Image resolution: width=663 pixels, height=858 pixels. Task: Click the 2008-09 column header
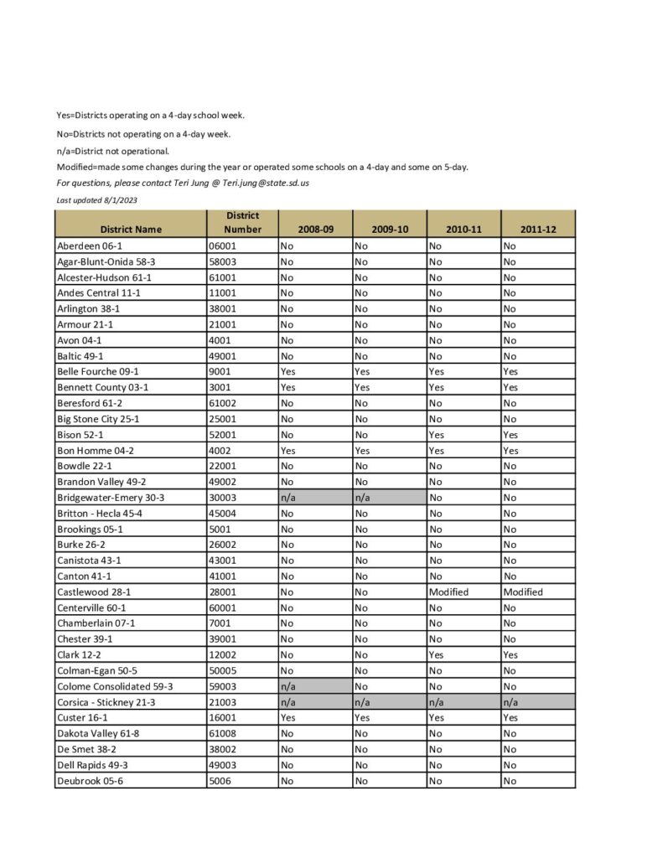315,229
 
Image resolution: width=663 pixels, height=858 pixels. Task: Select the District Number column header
242,222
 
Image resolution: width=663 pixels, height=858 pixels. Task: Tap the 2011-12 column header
537,229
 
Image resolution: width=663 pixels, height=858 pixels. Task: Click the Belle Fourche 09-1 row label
98,371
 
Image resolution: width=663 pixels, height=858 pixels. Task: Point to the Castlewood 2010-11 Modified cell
448,592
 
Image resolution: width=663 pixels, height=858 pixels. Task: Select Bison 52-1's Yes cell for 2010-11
437,435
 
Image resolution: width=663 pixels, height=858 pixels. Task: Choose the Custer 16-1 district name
82,718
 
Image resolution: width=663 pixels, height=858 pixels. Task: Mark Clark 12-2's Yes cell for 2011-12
510,654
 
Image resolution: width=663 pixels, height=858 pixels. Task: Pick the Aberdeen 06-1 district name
90,246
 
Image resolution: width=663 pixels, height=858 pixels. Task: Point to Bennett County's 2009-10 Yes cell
363,387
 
